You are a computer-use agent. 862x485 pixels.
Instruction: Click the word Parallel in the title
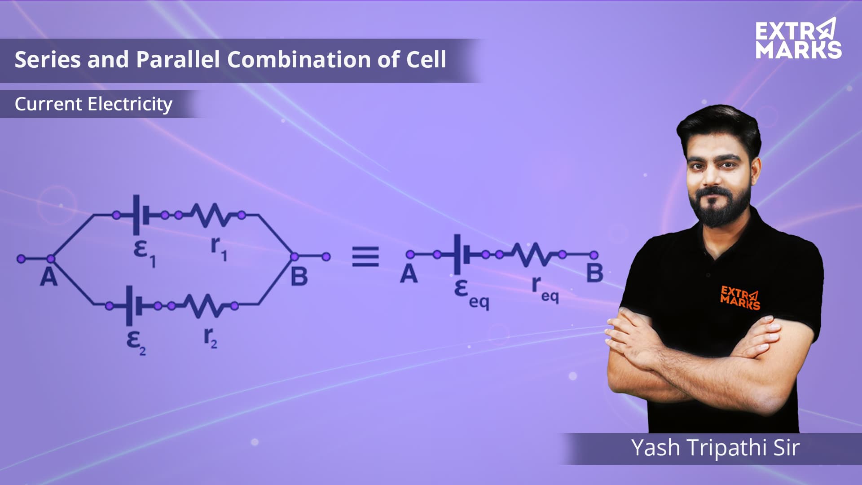(x=178, y=59)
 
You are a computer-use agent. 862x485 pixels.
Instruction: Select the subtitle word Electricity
(x=130, y=104)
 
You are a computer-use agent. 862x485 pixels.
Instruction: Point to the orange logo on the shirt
(x=740, y=298)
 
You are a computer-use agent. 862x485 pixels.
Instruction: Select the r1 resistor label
(x=219, y=249)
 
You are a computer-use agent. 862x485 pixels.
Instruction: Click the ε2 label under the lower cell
(x=136, y=343)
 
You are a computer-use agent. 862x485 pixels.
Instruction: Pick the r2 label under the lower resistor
(x=211, y=338)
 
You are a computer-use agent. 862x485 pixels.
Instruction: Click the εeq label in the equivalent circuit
(x=471, y=295)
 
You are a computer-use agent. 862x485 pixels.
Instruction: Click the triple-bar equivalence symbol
(x=365, y=256)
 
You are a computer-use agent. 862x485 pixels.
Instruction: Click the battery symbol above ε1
(x=141, y=215)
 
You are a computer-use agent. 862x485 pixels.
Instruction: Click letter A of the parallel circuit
(x=48, y=277)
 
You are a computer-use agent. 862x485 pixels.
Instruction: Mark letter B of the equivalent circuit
(x=594, y=273)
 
